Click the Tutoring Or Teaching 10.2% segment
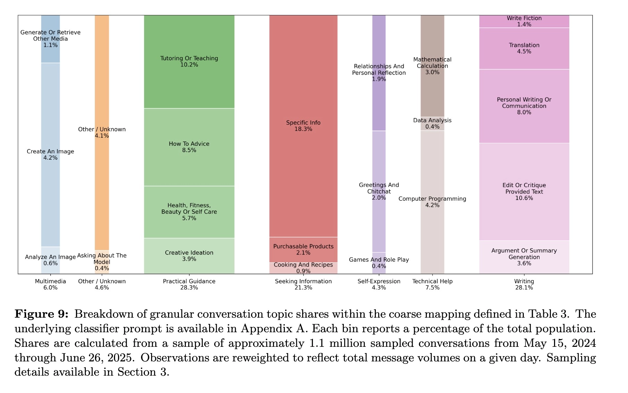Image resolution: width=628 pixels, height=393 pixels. click(x=189, y=62)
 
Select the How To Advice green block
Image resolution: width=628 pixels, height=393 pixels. click(x=189, y=147)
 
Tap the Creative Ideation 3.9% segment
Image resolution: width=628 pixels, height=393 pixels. click(x=189, y=256)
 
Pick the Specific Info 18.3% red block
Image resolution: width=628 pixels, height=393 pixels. click(x=303, y=126)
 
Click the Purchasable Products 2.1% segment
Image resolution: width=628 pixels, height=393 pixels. click(x=303, y=250)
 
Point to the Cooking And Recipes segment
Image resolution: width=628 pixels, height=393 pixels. click(x=303, y=268)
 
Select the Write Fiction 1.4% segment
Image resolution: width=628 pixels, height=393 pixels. click(x=524, y=21)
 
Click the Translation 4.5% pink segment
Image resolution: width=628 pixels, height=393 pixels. click(x=524, y=48)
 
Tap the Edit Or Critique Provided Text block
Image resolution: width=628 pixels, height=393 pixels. click(x=524, y=192)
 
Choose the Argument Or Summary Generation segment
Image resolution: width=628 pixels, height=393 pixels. click(x=524, y=257)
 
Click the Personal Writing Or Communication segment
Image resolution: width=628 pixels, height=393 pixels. click(x=524, y=106)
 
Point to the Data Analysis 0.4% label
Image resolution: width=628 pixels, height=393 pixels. click(x=432, y=123)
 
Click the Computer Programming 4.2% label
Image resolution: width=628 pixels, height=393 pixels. click(x=432, y=202)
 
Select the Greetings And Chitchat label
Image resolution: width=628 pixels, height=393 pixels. click(x=379, y=191)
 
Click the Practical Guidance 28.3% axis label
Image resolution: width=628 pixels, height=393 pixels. click(x=189, y=284)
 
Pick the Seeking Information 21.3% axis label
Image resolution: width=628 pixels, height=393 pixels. click(x=303, y=284)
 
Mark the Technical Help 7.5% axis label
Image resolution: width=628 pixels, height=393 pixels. click(x=432, y=284)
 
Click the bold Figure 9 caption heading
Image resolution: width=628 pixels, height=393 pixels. click(x=41, y=314)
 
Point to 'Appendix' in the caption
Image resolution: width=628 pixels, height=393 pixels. click(x=266, y=329)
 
